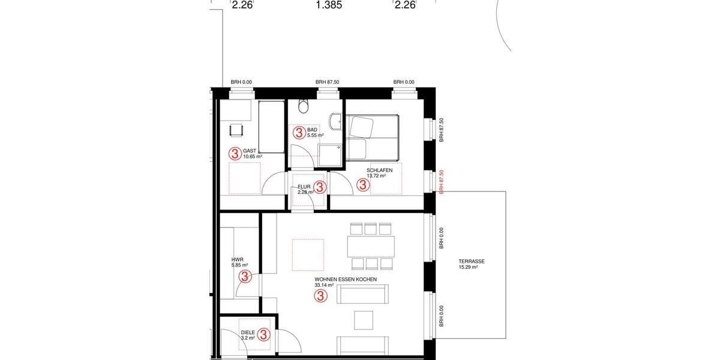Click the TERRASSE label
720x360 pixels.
pyautogui.click(x=472, y=262)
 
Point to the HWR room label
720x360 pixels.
pyautogui.click(x=236, y=259)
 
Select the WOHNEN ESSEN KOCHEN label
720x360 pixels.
pyautogui.click(x=345, y=280)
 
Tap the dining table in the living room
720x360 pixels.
pyautogui.click(x=371, y=246)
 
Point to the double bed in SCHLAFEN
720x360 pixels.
pyautogui.click(x=372, y=136)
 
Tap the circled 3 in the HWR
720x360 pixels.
pyautogui.click(x=245, y=277)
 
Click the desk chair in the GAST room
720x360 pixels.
pyautogui.click(x=236, y=129)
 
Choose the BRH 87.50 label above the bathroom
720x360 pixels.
pyautogui.click(x=328, y=82)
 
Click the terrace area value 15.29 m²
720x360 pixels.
pyautogui.click(x=467, y=268)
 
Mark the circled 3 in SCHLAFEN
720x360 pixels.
pyautogui.click(x=363, y=185)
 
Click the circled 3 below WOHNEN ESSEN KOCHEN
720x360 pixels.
pyautogui.click(x=321, y=296)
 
